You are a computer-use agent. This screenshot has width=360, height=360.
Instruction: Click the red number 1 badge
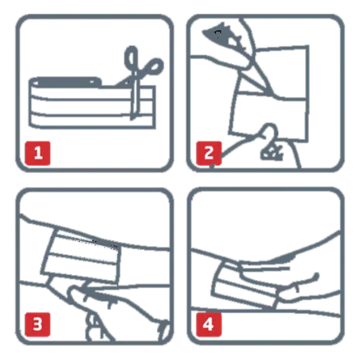point(37,154)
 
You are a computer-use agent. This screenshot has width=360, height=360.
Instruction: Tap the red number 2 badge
point(209,154)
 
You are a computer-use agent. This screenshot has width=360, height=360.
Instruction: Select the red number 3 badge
point(37,324)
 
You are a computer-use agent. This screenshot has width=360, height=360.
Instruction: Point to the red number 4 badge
point(209,324)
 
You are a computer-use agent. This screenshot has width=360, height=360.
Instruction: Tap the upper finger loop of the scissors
point(131,58)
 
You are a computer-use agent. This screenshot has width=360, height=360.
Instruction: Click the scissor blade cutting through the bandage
point(134,101)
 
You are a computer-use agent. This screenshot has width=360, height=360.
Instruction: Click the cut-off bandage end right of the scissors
point(146,107)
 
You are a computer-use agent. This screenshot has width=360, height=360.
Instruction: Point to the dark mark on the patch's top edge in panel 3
point(104,243)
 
